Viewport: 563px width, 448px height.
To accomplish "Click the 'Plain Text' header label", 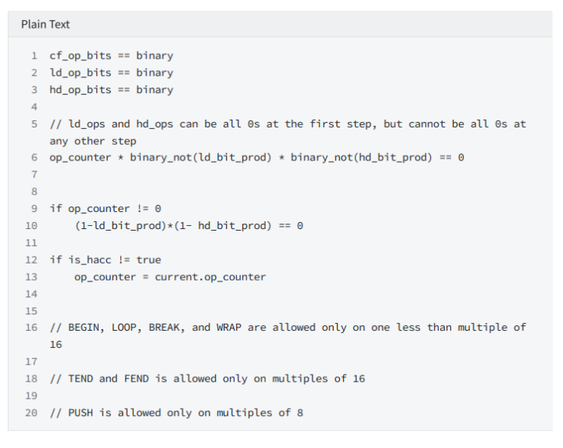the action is (x=45, y=24).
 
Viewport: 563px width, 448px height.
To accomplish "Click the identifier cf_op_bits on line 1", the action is (x=81, y=56).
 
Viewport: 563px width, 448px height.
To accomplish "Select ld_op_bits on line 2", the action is (x=81, y=73).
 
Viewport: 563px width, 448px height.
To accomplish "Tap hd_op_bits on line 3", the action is (x=81, y=90).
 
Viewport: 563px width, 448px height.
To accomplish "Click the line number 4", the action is (x=34, y=107).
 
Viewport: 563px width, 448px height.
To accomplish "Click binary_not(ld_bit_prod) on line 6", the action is (x=201, y=158).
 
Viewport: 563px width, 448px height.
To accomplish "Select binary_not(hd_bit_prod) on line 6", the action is (x=361, y=158).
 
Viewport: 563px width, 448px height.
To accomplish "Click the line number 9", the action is (x=34, y=209).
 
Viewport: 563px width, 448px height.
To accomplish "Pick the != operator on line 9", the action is (x=142, y=209).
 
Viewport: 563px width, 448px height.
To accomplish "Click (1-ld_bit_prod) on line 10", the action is (x=120, y=226).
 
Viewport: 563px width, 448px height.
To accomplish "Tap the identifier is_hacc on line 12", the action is (x=90, y=260).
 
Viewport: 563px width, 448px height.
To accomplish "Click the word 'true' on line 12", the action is (x=149, y=260).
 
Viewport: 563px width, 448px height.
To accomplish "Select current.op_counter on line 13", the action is (x=210, y=277).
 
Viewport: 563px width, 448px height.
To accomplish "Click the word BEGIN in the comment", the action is (x=84, y=328).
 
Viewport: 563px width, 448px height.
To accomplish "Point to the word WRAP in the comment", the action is (x=229, y=328).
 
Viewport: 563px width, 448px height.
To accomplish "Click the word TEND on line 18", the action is (x=81, y=378).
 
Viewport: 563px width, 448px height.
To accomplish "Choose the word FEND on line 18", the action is (x=136, y=378).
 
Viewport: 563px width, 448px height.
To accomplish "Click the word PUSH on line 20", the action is (x=81, y=413).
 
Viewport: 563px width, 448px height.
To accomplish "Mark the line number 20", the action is (x=31, y=413).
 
